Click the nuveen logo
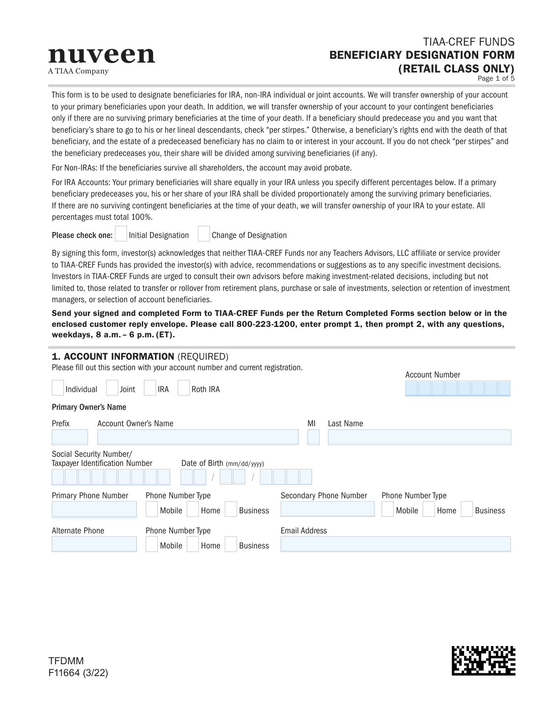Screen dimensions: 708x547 [101, 56]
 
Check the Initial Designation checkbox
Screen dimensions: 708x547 [121, 234]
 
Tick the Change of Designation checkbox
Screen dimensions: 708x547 [204, 234]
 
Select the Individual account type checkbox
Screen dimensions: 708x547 [58, 388]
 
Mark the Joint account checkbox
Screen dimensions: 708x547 [112, 388]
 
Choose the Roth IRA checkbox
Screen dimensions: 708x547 [184, 388]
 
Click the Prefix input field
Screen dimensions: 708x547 [70, 437]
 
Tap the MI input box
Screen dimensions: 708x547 [313, 437]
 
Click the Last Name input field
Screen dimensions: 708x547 [419, 437]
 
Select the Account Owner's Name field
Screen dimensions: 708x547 [198, 437]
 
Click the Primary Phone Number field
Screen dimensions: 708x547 [94, 509]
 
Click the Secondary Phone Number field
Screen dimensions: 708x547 [327, 509]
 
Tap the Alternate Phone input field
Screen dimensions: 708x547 [94, 544]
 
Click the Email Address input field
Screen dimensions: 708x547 [395, 544]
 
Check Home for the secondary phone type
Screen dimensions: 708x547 [428, 509]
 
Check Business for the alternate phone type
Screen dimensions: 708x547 [231, 544]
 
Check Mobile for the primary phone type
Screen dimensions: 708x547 [152, 509]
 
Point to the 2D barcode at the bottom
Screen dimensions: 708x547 [483, 660]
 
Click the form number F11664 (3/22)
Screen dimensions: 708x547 [78, 673]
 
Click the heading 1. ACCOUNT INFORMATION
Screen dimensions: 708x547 [113, 357]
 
